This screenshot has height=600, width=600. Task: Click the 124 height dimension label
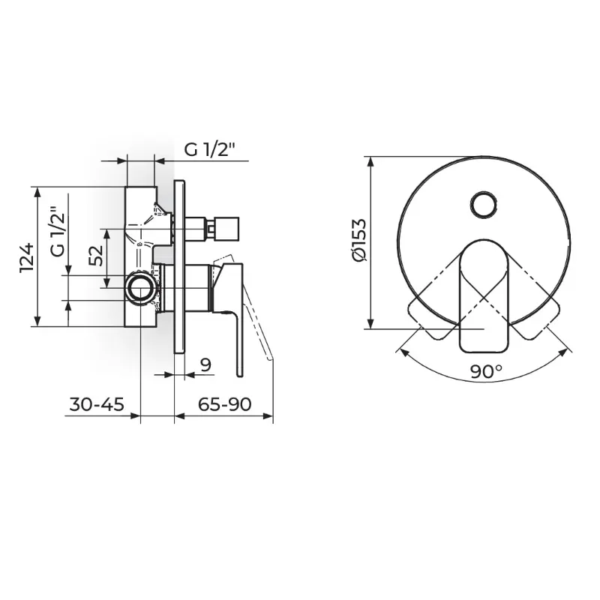[x=27, y=257]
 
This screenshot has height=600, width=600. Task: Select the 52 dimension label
[x=96, y=255]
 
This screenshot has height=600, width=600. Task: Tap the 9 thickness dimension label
[x=205, y=364]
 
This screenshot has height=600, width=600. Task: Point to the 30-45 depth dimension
[x=97, y=404]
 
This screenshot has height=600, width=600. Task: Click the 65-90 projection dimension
[x=224, y=404]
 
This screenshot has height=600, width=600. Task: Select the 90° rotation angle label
[x=486, y=370]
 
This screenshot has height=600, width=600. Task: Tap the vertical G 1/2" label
[x=58, y=232]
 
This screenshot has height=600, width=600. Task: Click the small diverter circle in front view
[x=484, y=205]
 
